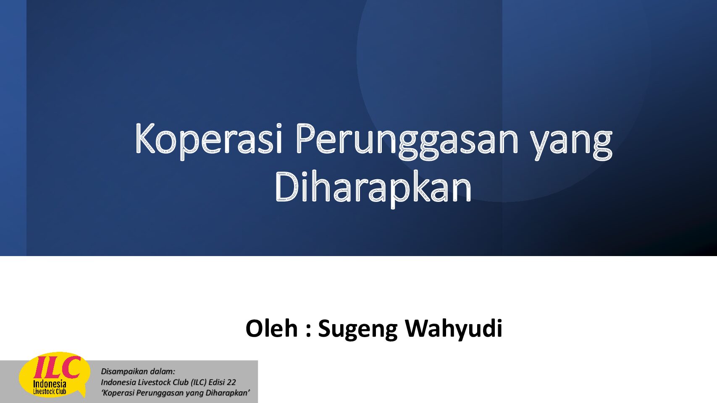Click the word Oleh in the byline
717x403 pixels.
(271, 328)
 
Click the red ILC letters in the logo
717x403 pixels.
(57, 367)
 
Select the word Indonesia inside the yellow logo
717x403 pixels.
(50, 384)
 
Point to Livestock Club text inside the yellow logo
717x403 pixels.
(50, 392)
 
